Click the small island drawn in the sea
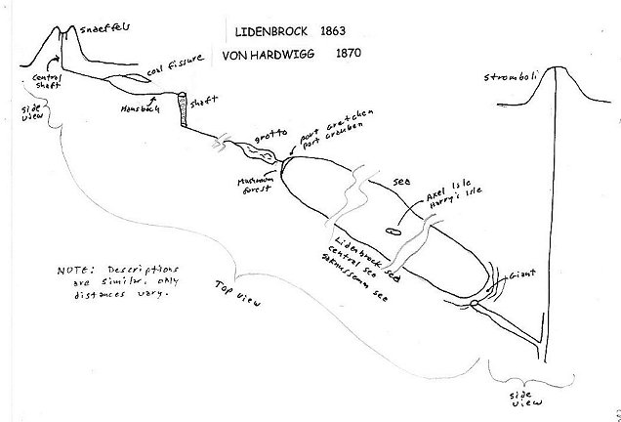click(x=391, y=232)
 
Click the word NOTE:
click(x=71, y=268)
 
